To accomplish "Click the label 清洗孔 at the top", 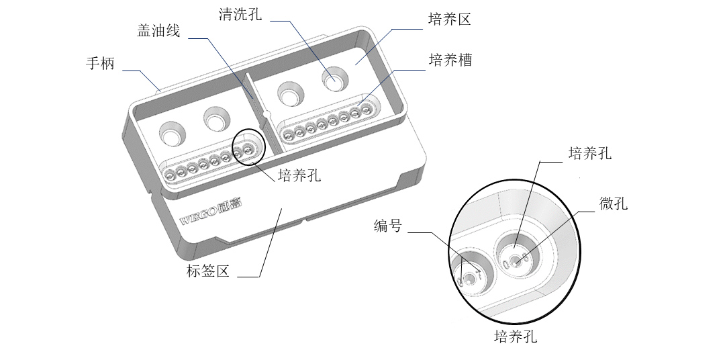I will [x=240, y=15].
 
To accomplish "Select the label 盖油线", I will [x=159, y=31].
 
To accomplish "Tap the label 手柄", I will [x=101, y=64].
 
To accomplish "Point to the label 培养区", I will [x=450, y=19].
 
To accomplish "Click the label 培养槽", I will [x=450, y=60].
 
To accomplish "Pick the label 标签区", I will [x=208, y=271].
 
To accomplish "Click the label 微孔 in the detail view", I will [x=614, y=204].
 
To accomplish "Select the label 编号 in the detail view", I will [x=388, y=226].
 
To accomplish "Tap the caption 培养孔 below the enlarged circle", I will [x=516, y=336].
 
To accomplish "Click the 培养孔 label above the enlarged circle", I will [x=590, y=153].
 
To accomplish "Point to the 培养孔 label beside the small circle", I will [x=299, y=176].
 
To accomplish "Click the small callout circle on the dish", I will [x=247, y=149].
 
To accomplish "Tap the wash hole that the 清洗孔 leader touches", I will [x=334, y=80].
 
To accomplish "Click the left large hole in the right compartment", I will [x=289, y=95].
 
